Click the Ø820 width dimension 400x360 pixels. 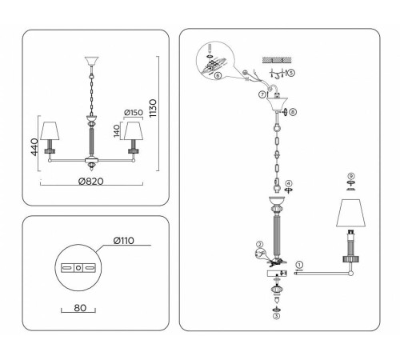click(x=91, y=182)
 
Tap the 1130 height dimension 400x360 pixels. click(x=153, y=108)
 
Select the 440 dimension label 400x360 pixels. click(x=34, y=147)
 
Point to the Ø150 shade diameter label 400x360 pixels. click(x=134, y=113)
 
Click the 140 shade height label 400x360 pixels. click(x=117, y=131)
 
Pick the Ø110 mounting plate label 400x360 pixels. click(x=124, y=241)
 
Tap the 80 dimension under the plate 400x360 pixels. click(x=80, y=308)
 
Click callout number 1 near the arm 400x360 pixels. click(x=300, y=265)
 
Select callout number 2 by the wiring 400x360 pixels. click(x=260, y=244)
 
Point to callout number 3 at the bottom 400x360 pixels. click(x=277, y=316)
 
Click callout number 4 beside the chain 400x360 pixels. click(x=289, y=183)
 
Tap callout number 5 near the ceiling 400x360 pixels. click(x=291, y=72)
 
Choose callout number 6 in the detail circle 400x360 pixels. click(x=218, y=75)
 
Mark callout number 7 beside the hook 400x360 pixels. click(x=262, y=94)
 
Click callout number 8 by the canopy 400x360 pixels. click(x=293, y=112)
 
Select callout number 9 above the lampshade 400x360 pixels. click(x=351, y=176)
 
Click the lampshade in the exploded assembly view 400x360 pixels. click(x=350, y=213)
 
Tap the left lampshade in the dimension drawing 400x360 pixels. click(x=50, y=131)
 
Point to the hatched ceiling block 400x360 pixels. click(x=277, y=60)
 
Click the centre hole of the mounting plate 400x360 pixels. click(x=78, y=267)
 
